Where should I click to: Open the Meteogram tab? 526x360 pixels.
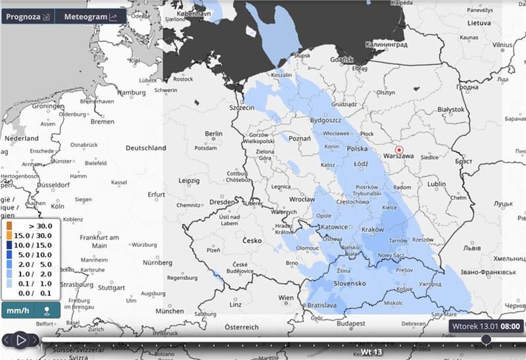click(91, 16)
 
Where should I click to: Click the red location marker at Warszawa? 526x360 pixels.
click(398, 150)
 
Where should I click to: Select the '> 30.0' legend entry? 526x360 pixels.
click(30, 226)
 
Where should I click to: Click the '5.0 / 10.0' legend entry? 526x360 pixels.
click(30, 254)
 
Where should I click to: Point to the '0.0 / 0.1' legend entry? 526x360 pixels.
click(30, 292)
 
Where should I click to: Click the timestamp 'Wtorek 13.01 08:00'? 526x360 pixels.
click(486, 326)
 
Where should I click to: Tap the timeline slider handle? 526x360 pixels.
click(486, 339)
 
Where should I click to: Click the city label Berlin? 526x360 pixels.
click(214, 133)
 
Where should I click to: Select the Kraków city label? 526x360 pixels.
click(371, 229)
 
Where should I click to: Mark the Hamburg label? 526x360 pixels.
click(131, 93)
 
